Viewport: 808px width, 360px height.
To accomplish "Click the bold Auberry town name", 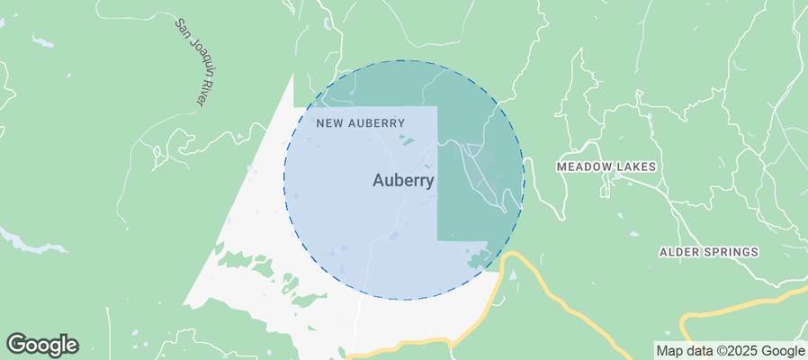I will point(403,181).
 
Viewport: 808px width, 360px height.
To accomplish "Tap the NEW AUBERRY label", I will point(360,122).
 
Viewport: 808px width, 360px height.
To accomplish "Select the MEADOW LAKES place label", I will point(606,167).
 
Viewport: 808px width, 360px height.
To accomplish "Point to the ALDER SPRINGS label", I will point(709,252).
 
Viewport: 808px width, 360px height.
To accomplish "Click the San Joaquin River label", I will point(190,63).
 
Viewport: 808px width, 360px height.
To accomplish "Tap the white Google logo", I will point(42,345).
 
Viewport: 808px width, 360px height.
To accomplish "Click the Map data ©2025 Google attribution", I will point(730,351).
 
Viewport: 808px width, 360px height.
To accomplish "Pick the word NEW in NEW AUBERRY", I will point(328,122).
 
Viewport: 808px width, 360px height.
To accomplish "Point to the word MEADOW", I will point(585,167).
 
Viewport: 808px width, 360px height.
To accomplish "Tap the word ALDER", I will point(678,252).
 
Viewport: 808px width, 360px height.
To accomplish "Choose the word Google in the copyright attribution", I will point(783,351).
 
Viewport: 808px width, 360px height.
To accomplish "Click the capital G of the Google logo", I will point(17,345).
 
